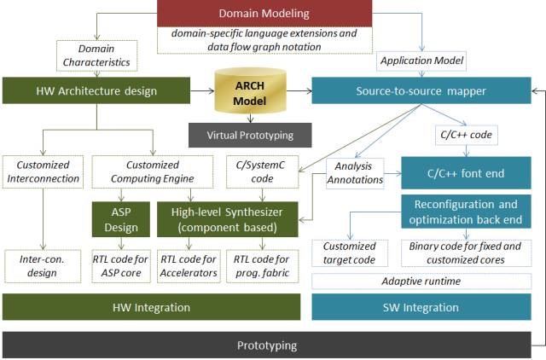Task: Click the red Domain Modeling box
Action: [x=264, y=14]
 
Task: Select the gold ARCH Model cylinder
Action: [x=250, y=91]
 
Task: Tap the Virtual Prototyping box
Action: [x=250, y=135]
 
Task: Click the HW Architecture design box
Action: [x=96, y=90]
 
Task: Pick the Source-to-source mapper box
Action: [x=421, y=90]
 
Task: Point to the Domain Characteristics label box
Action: [x=96, y=55]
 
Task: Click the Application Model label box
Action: [x=421, y=61]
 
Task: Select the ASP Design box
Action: [x=121, y=219]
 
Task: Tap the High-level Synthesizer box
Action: [x=228, y=219]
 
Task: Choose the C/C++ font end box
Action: [x=466, y=173]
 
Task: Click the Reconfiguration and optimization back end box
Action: [x=466, y=212]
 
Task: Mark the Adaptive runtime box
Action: [x=421, y=282]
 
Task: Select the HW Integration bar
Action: [x=152, y=307]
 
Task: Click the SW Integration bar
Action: [x=421, y=307]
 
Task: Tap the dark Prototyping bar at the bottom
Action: [x=267, y=345]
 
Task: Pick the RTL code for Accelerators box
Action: [x=189, y=266]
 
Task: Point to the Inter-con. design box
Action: [x=43, y=266]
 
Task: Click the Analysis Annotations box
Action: [x=355, y=173]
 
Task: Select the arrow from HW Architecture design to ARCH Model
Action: [x=202, y=91]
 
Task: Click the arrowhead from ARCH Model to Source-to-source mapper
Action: [x=309, y=91]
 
